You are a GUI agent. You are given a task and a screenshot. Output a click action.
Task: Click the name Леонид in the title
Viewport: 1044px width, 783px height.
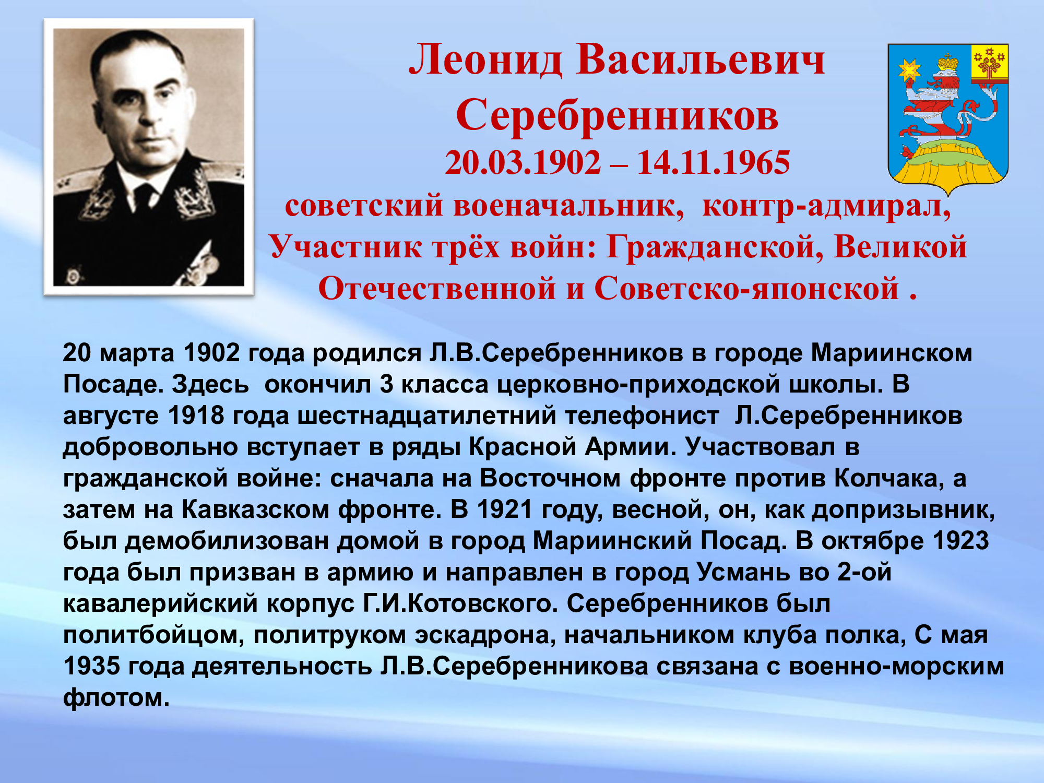(x=486, y=60)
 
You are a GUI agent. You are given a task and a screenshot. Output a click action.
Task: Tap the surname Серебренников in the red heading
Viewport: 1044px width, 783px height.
(x=617, y=115)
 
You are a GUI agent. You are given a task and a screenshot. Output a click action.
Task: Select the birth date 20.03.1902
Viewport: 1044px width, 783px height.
(x=523, y=162)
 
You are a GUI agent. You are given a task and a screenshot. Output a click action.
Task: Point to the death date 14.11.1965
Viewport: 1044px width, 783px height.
(x=713, y=162)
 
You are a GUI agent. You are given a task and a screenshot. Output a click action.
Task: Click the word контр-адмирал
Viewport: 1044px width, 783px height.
(x=826, y=206)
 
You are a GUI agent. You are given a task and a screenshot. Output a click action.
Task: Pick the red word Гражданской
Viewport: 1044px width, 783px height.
(x=715, y=247)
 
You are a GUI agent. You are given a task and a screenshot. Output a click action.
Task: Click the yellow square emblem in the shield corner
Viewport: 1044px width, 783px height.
(x=989, y=64)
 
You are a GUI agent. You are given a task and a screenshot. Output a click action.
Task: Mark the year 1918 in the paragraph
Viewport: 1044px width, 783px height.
(x=196, y=416)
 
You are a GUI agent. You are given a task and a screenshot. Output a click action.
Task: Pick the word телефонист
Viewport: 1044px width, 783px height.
(x=642, y=416)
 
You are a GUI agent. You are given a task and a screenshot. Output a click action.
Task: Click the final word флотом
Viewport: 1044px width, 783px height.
(x=116, y=698)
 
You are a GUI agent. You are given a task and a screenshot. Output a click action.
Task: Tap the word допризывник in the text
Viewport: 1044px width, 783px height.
(x=903, y=510)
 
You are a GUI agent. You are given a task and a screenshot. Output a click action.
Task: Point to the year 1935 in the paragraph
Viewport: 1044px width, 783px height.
(x=92, y=666)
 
